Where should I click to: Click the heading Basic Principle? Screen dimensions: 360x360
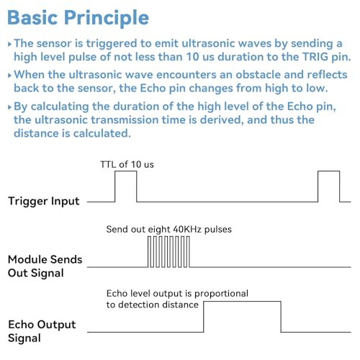coord(78,18)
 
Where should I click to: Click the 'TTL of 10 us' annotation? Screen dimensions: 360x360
coord(127,165)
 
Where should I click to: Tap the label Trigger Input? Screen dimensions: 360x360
coord(43,202)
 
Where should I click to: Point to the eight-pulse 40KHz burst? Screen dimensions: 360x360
coord(168,252)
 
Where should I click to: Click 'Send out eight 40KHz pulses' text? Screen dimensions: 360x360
coord(169,230)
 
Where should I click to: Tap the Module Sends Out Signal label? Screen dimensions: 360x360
coord(45,266)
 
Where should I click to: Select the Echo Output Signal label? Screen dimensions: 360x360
coord(42,331)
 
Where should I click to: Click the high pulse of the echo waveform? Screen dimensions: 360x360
coord(242,302)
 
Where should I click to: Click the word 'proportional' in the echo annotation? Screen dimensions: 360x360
coord(221,294)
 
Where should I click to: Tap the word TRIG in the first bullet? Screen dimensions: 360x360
coord(315,57)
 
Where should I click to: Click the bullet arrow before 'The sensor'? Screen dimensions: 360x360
coord(9,44)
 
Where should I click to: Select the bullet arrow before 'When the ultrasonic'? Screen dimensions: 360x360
coord(9,76)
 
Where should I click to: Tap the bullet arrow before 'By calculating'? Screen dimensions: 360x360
coord(9,107)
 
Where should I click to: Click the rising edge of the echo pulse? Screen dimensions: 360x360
coord(204,317)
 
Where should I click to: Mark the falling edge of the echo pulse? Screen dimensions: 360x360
coord(281,317)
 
